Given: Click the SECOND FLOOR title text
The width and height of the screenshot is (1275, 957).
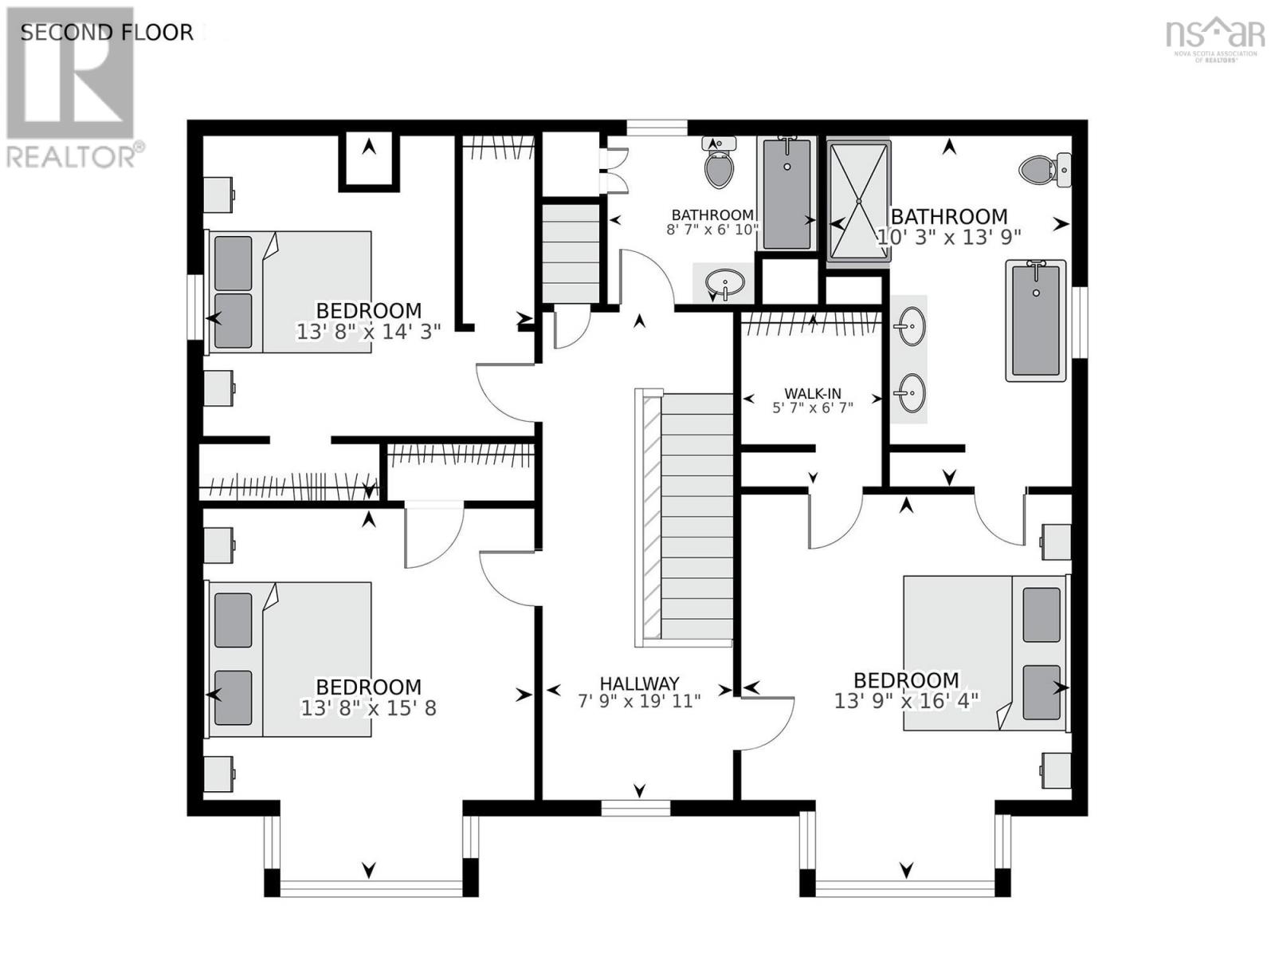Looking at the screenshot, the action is coord(107,33).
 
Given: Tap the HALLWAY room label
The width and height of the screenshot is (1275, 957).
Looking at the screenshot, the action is coord(639,683).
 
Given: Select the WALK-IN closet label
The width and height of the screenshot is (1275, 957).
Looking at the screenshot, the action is coord(813,393).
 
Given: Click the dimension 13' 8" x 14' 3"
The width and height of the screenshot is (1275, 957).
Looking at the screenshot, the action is coord(368,332).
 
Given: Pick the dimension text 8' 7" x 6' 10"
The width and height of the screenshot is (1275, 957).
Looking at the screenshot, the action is coord(712,229).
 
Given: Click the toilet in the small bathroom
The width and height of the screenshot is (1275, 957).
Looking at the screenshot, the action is coord(719,162).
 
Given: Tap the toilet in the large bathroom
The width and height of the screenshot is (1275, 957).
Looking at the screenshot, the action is coord(1045,169).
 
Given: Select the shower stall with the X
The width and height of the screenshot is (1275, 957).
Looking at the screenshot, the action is coord(858,201).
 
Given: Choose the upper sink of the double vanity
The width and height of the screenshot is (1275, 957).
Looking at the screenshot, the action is coord(909,326).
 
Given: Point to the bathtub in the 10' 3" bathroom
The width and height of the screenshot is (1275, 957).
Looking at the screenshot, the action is coord(1036,320).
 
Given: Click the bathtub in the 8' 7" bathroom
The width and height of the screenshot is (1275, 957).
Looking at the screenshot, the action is coord(787,194).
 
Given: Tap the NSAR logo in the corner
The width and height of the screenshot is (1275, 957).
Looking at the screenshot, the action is coord(1215,38).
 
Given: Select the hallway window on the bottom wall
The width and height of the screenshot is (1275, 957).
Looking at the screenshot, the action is coord(635,808).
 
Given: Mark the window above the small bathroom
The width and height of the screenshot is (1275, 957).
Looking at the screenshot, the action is coord(657,128).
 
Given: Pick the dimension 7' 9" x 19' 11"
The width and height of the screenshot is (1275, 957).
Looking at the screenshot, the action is coord(639,701).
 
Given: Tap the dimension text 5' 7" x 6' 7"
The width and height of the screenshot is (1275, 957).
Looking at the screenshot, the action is coord(813,408).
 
